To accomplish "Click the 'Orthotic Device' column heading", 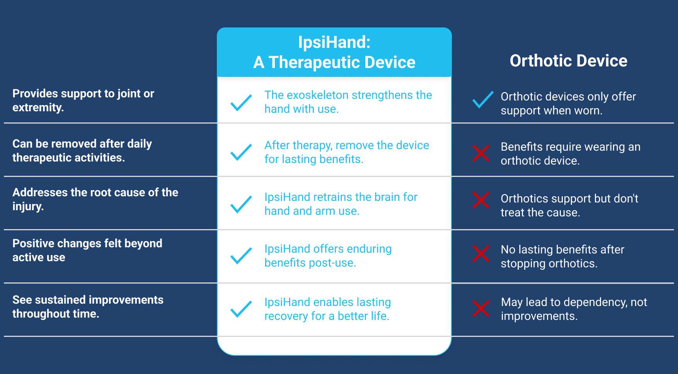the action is [x=568, y=61].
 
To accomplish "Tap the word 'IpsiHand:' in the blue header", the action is [x=334, y=42].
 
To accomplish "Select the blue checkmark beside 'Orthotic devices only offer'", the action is [x=483, y=100].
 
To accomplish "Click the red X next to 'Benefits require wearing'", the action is [x=481, y=153].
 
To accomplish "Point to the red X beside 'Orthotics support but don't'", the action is [x=481, y=200].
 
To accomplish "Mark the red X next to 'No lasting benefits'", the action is [x=481, y=253].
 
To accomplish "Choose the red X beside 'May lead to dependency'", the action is [x=481, y=308].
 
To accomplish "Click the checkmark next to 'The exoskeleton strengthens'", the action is [x=241, y=103].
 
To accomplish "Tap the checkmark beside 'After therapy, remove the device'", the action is [x=241, y=152].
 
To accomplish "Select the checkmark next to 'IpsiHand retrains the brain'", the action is [x=241, y=204].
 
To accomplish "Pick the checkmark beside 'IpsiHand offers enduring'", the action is [x=241, y=256].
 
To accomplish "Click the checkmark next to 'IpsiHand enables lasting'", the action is [x=241, y=309].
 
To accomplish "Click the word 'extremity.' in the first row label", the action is [x=38, y=107].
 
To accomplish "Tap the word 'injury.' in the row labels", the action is [x=28, y=206].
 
